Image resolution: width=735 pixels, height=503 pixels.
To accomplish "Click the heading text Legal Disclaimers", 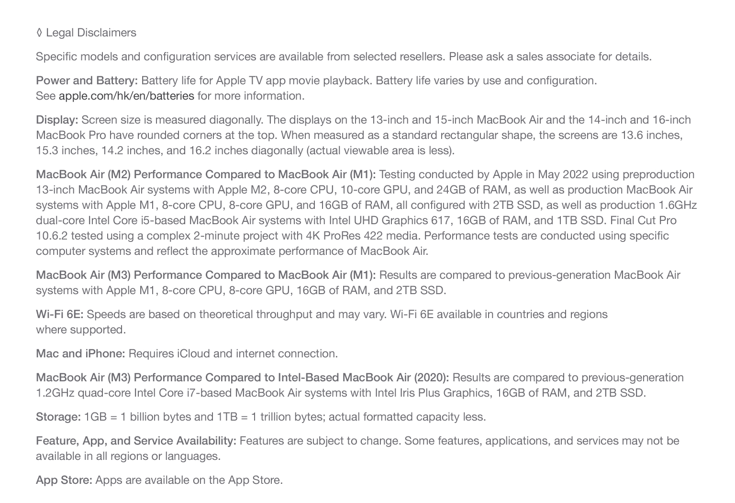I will click(91, 33).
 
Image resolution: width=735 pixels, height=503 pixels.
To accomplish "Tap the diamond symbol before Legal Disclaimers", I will click(39, 33).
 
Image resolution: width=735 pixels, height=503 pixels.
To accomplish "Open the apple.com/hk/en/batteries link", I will click(126, 96).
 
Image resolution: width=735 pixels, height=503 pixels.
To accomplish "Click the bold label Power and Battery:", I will click(87, 80).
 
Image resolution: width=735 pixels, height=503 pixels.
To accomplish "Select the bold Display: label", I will click(57, 120).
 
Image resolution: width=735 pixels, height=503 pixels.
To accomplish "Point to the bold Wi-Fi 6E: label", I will click(59, 314).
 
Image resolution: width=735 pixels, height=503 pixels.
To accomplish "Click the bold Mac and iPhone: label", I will click(80, 354).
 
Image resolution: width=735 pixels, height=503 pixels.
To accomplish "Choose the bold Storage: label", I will click(58, 417).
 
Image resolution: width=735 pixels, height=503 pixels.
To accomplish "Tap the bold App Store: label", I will click(64, 480).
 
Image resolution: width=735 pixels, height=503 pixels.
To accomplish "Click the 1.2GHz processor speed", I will click(55, 393).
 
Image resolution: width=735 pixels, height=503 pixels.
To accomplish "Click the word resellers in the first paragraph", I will click(422, 57).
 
